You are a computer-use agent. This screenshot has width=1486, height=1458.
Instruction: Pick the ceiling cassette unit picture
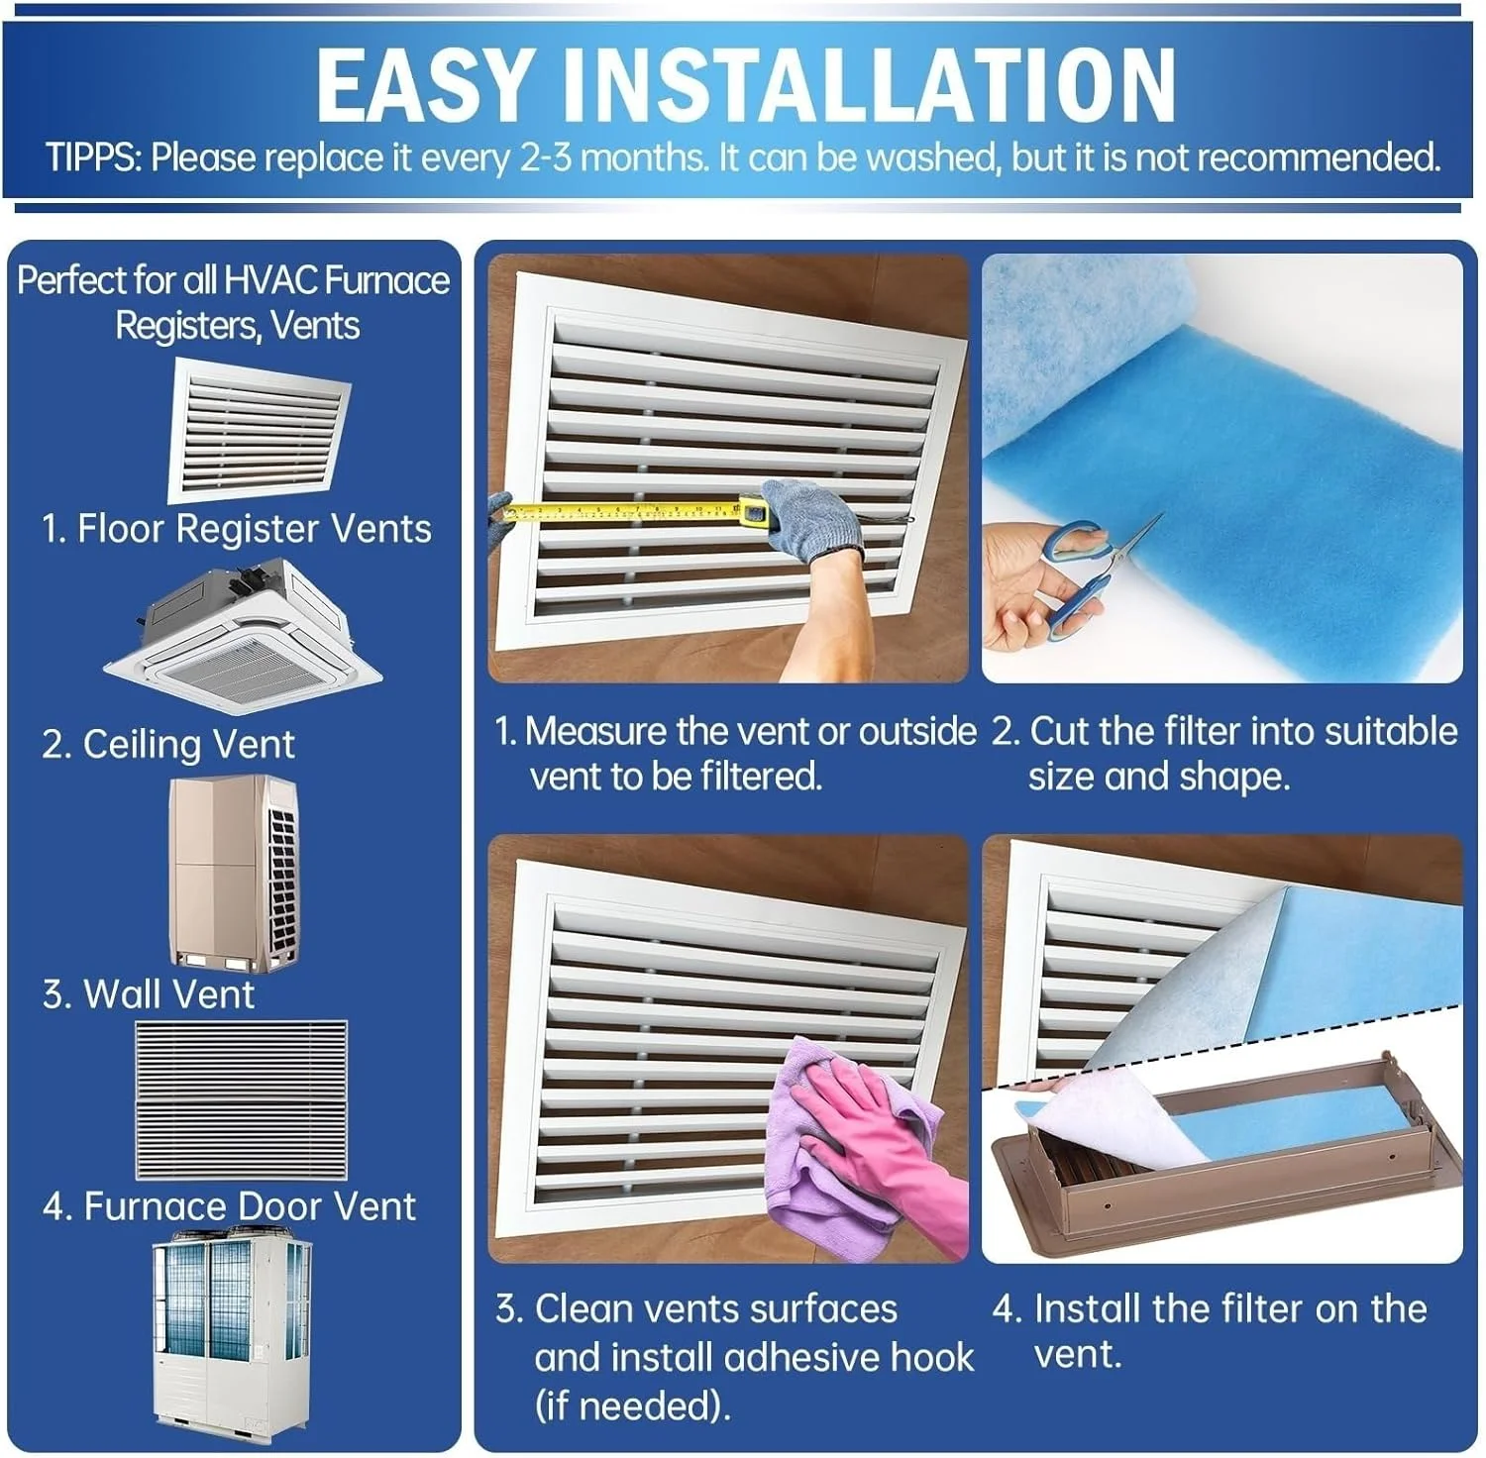pyautogui.click(x=244, y=634)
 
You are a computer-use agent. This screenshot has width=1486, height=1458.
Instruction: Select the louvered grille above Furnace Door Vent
pyautogui.click(x=241, y=1099)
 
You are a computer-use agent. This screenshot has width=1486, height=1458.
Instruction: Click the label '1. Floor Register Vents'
pyautogui.click(x=237, y=529)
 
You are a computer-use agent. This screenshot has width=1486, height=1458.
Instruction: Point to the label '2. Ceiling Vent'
pyautogui.click(x=168, y=745)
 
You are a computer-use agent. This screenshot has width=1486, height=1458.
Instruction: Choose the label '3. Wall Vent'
pyautogui.click(x=149, y=994)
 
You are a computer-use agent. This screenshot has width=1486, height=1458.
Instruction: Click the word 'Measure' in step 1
pyautogui.click(x=595, y=731)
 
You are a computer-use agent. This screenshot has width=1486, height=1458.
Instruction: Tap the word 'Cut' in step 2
pyautogui.click(x=1059, y=731)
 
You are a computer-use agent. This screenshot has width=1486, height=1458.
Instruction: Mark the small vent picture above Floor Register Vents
pyautogui.click(x=261, y=431)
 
